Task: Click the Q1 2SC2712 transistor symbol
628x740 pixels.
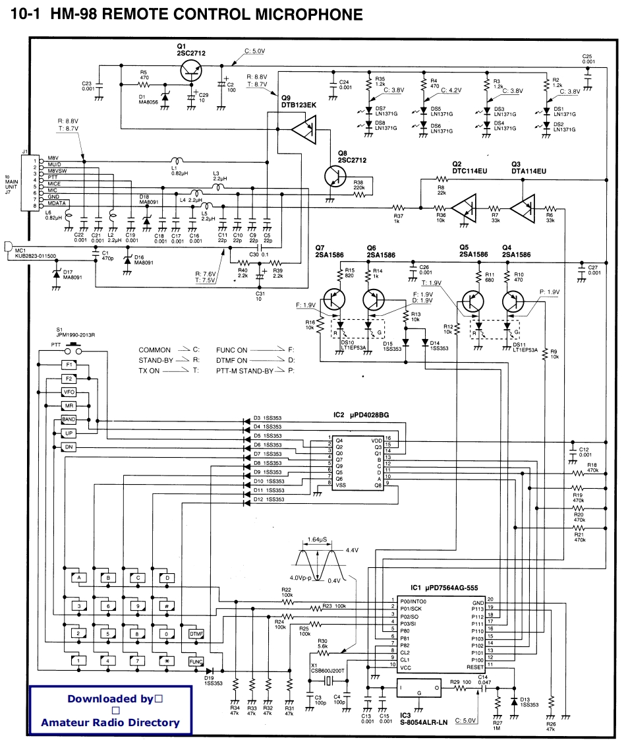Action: click(192, 69)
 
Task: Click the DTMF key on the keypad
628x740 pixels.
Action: click(196, 633)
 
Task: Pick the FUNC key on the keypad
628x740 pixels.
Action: click(196, 660)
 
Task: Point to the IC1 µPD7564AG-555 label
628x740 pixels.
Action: click(443, 588)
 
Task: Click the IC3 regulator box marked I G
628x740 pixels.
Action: click(419, 689)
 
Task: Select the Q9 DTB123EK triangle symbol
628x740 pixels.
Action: click(304, 129)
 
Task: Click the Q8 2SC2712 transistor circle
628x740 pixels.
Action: click(337, 176)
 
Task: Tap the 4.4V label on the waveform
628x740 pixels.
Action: click(351, 549)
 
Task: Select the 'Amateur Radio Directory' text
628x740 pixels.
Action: click(110, 722)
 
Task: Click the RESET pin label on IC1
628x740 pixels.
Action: click(474, 667)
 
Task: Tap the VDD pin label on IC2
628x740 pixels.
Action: click(376, 439)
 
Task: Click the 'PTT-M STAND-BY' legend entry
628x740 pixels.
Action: click(244, 371)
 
